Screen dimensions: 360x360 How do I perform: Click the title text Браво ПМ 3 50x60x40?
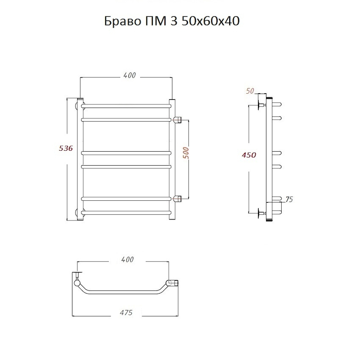[172, 21]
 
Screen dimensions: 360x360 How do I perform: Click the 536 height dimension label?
[66, 148]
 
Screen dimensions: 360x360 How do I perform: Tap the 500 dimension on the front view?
[186, 153]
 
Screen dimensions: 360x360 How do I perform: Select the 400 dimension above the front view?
[130, 75]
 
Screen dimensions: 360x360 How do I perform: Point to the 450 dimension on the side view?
[249, 155]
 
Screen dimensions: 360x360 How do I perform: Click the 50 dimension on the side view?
[250, 91]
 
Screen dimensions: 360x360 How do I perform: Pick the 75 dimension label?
[289, 199]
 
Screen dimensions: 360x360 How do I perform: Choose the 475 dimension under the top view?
[126, 312]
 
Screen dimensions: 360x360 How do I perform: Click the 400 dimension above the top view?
[128, 260]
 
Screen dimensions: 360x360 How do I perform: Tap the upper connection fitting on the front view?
[177, 120]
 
